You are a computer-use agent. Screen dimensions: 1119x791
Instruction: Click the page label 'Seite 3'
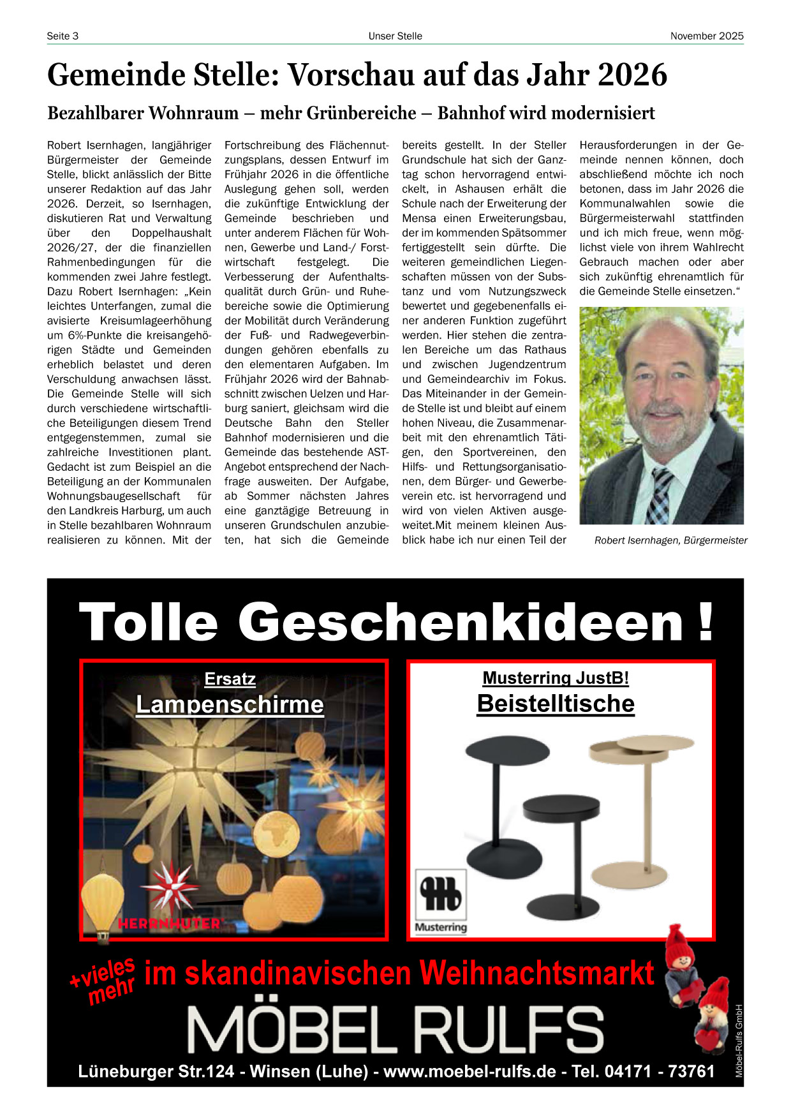(63, 36)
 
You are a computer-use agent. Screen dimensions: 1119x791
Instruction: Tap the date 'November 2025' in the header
(706, 36)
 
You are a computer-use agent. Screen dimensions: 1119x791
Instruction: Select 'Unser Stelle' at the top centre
(395, 36)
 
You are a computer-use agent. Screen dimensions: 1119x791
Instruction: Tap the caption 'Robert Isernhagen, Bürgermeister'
(670, 540)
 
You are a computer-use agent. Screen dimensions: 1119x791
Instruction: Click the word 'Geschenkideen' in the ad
(461, 622)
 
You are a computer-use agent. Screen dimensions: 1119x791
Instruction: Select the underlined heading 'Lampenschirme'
(230, 705)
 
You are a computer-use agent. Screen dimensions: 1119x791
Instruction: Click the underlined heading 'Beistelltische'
(556, 704)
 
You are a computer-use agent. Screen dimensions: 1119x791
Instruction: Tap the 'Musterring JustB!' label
(556, 678)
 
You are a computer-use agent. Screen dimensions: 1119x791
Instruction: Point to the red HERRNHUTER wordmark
(169, 923)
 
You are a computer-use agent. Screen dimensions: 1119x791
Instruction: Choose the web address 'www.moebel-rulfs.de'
(469, 1071)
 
